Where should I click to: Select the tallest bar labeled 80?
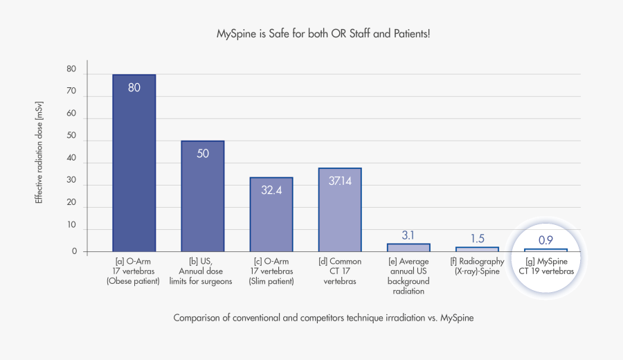coord(134,163)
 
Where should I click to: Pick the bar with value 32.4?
coord(271,215)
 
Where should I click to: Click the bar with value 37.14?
coord(340,210)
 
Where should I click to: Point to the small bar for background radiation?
coord(408,247)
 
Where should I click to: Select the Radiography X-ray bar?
coord(477,249)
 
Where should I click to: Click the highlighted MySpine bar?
coord(545,249)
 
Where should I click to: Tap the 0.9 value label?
coord(545,240)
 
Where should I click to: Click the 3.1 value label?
coord(408,235)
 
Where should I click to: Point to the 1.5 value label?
coord(477,239)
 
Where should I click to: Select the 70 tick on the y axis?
coord(71,91)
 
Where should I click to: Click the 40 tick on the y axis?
coord(71,158)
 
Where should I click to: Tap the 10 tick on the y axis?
coord(71,224)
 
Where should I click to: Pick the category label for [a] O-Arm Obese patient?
coord(134,271)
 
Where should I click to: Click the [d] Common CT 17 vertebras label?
coord(340,271)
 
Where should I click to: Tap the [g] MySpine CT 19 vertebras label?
coord(546,267)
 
